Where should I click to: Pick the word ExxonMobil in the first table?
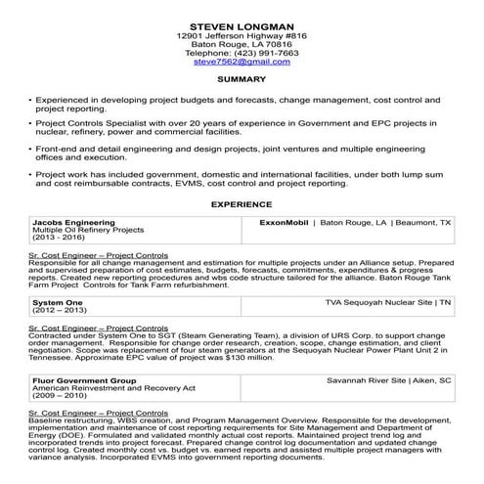point(285,222)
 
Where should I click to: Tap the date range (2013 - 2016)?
point(58,237)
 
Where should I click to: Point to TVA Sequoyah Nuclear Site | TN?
point(388,304)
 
